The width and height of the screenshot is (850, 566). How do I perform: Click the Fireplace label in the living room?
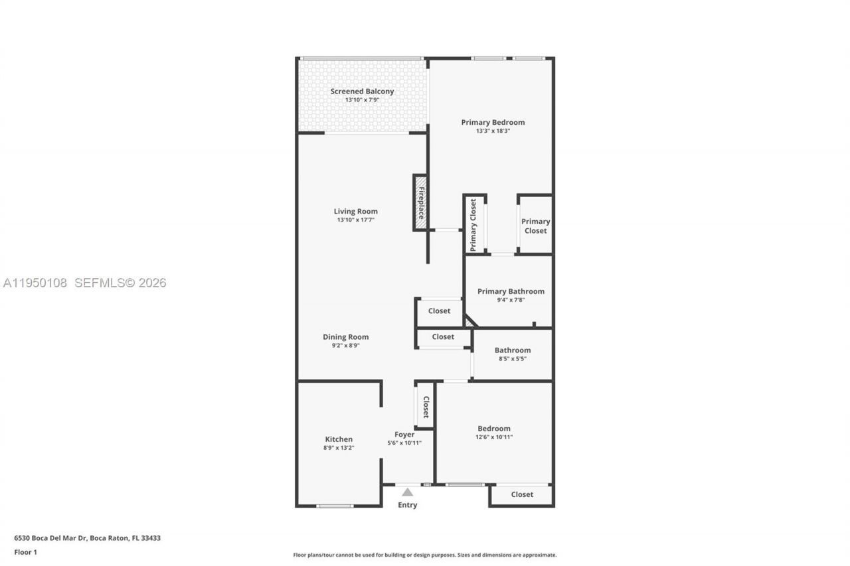point(420,202)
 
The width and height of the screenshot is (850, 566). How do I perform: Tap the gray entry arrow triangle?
point(407,492)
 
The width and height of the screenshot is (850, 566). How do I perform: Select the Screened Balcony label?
point(362,92)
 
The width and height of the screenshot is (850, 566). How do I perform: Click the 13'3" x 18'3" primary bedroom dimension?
point(493,131)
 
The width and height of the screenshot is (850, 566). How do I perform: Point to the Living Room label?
point(355,212)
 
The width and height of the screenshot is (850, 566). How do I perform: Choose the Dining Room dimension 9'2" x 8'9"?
point(345,345)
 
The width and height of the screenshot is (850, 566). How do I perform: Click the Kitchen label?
point(339,439)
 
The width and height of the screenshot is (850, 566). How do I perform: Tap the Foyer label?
point(404,435)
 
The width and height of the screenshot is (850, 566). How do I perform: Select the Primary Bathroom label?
point(511,291)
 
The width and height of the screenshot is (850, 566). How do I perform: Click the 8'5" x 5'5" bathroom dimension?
point(512,358)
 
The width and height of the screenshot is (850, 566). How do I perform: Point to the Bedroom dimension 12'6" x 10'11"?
point(493,437)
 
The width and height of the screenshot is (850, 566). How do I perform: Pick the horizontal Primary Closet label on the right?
point(535,226)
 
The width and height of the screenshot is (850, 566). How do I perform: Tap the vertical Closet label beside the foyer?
point(426,407)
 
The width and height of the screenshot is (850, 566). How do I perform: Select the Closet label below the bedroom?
point(522,494)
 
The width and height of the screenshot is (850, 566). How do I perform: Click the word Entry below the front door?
point(407,505)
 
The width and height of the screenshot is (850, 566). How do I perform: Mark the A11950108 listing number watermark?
point(35,283)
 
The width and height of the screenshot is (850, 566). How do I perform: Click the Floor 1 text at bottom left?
point(25,552)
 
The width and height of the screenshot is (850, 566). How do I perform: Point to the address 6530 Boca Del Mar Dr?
point(51,538)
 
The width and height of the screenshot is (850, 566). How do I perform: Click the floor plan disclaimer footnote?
point(425,555)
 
